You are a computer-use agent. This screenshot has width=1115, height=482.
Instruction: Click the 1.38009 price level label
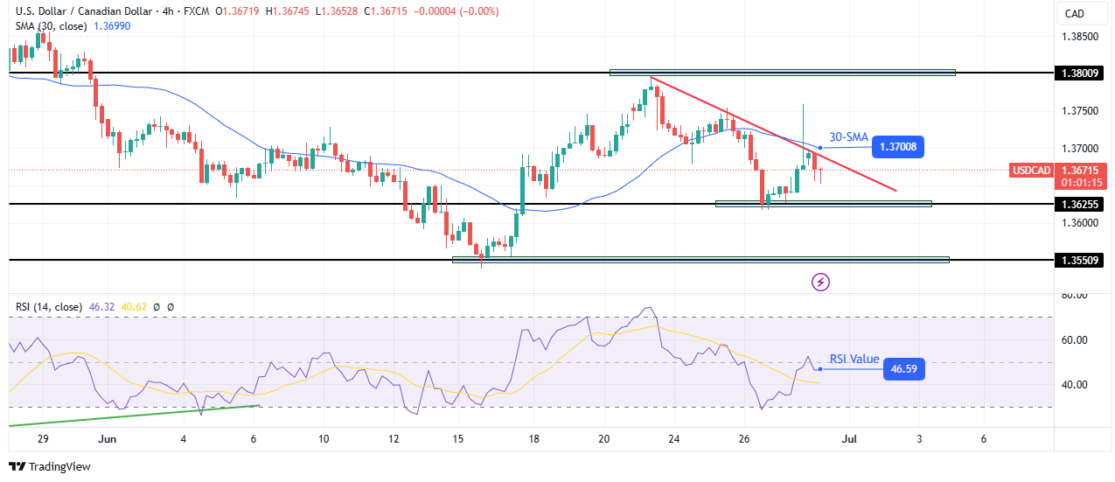(x=1077, y=73)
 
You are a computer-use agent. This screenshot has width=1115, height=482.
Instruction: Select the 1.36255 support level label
(x=1077, y=204)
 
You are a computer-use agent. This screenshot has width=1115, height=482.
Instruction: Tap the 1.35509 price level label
(x=1077, y=260)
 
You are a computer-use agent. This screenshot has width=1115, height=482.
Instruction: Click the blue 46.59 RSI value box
(x=904, y=369)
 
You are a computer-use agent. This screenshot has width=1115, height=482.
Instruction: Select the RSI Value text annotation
(x=854, y=359)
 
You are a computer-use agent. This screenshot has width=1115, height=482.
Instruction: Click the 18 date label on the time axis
(x=533, y=438)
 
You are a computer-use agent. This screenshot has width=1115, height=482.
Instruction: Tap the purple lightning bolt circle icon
(x=820, y=282)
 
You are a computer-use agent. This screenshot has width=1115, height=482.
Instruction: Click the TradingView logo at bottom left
(x=51, y=467)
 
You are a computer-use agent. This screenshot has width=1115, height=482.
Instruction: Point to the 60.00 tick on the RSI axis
(x=1073, y=339)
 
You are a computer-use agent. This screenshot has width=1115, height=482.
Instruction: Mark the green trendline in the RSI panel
(x=131, y=416)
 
